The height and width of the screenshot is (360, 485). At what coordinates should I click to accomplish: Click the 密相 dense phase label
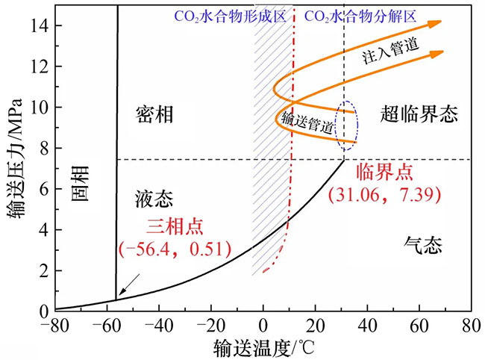click(154, 114)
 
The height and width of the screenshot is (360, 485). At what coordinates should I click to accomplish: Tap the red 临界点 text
click(384, 171)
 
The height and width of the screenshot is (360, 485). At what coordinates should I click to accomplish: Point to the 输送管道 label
click(307, 122)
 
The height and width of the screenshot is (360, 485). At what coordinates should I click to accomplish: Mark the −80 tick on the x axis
click(55, 326)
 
